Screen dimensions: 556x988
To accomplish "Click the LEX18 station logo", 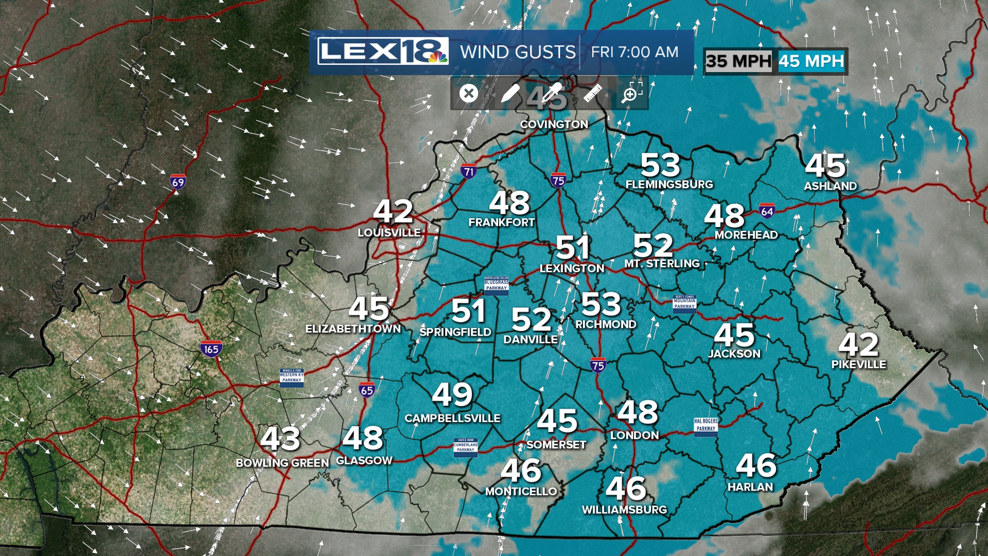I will tap(383, 51).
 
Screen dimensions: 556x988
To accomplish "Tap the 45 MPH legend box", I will tap(811, 61).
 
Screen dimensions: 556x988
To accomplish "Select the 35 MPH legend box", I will tap(738, 61).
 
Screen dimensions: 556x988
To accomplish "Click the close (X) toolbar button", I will tap(468, 94).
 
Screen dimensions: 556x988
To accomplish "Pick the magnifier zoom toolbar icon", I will tap(631, 94).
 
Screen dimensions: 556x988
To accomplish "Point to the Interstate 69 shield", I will tap(178, 182).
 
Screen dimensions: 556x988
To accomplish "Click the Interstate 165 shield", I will tap(211, 349).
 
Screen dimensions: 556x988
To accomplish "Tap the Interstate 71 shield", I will tap(468, 171).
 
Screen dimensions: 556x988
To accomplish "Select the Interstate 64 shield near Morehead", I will tap(767, 211).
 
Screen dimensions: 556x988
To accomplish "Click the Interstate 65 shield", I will tap(367, 390).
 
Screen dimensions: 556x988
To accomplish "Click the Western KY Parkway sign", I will tap(292, 377).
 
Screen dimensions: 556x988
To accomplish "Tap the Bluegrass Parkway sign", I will tap(496, 285).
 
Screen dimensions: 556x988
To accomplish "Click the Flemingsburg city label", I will tap(669, 184).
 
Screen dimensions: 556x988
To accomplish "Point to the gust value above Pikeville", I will tap(858, 344).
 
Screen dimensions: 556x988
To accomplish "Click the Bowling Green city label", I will tap(282, 463).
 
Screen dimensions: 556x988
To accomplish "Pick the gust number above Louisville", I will tap(393, 211).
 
